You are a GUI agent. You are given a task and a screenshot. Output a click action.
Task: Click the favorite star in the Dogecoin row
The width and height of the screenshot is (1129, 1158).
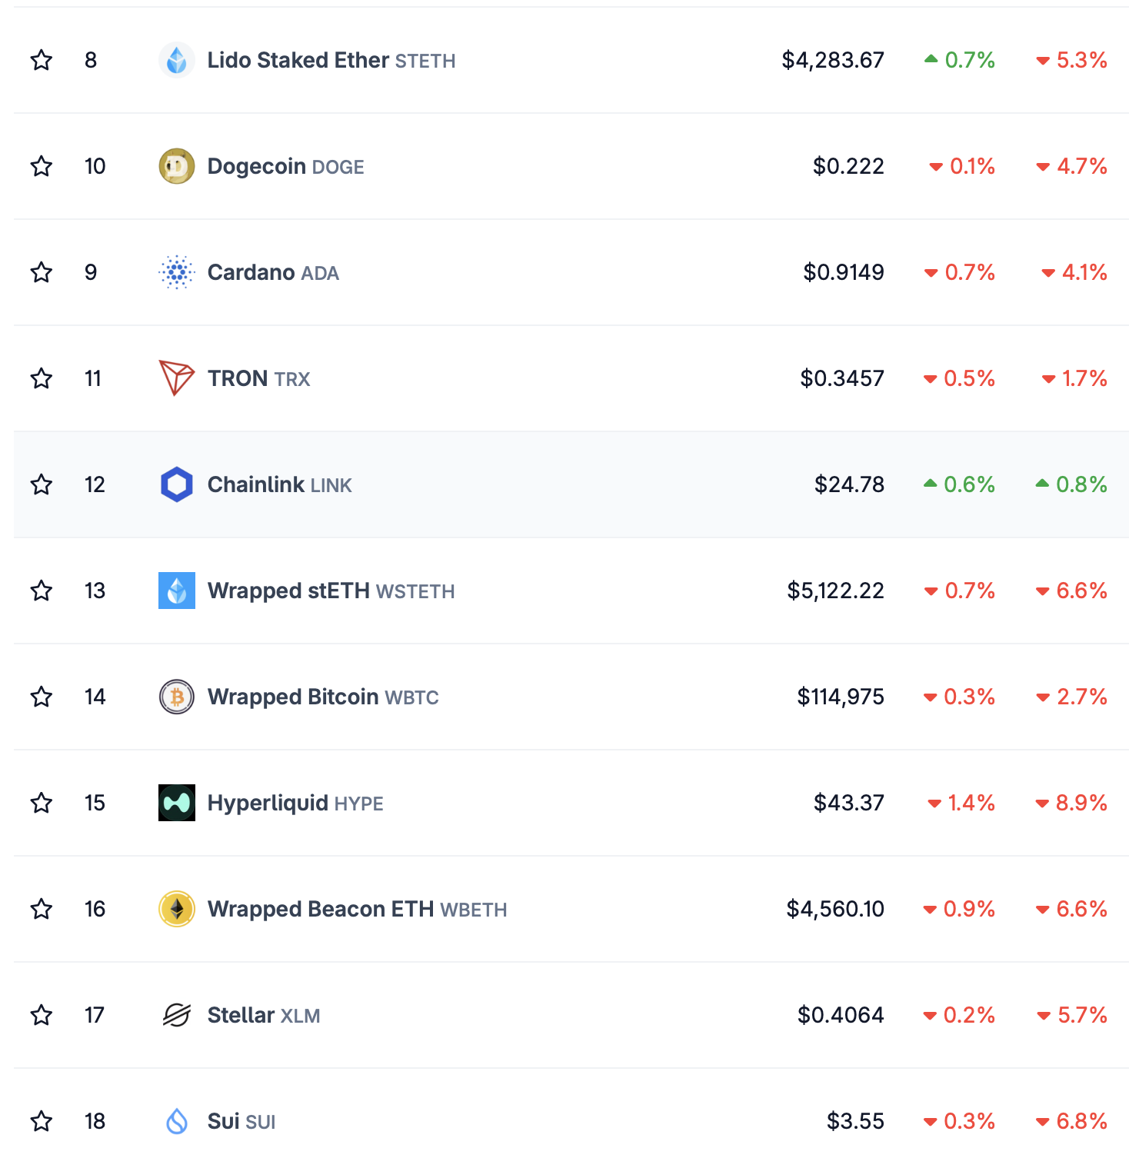tap(42, 166)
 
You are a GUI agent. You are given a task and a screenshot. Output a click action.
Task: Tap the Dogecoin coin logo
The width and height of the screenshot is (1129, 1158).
tap(177, 166)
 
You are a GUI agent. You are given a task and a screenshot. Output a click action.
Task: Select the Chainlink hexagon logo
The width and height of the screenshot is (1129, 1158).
tap(177, 484)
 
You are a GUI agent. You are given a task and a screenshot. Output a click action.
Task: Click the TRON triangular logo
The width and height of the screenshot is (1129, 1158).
tap(176, 378)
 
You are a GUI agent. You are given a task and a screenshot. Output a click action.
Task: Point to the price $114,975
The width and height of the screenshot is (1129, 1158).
tap(841, 697)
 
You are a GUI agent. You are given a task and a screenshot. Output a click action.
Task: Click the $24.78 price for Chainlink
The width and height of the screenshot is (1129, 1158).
tap(849, 484)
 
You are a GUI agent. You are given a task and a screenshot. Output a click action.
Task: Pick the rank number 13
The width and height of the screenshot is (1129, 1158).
tap(95, 591)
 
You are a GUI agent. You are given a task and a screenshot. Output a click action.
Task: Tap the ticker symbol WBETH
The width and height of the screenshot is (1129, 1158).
tap(473, 910)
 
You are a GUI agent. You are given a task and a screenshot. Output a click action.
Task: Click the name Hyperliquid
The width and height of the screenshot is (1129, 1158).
tap(268, 803)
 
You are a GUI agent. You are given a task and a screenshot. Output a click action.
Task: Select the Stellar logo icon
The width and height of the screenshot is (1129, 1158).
tap(177, 1015)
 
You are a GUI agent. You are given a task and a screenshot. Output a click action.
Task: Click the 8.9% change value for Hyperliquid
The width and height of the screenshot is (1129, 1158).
tap(1081, 803)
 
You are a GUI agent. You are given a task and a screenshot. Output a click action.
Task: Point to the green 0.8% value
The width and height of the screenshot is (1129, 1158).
tap(1081, 484)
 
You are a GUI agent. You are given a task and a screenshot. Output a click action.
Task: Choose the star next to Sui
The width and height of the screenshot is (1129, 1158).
tap(42, 1121)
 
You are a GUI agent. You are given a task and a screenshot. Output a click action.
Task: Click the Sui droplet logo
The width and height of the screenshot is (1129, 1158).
tap(177, 1121)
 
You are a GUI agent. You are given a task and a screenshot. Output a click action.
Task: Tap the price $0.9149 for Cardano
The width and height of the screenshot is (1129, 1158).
tap(844, 272)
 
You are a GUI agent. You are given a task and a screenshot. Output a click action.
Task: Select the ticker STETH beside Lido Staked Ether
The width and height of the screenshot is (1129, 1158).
tap(425, 61)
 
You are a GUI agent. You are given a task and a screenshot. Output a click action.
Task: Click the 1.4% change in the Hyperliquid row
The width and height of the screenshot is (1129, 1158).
tap(971, 803)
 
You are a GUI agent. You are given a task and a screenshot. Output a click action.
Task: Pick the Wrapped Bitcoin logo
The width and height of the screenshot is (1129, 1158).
tap(177, 697)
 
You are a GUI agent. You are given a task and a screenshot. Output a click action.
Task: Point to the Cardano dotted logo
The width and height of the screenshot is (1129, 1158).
tap(177, 272)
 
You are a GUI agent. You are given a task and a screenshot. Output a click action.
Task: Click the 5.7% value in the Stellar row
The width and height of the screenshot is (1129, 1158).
tap(1081, 1015)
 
